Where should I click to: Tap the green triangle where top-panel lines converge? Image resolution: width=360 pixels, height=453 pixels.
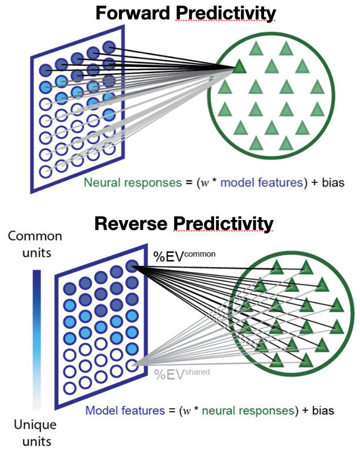[x=239, y=67]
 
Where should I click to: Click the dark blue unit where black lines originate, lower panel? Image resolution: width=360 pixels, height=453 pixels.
[x=132, y=267]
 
